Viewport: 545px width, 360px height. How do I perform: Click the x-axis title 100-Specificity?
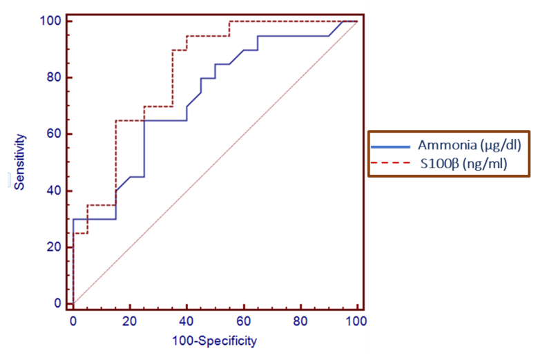(x=214, y=341)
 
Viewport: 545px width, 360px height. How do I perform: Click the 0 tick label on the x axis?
(x=73, y=321)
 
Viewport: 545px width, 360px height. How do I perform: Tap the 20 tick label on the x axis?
(x=130, y=321)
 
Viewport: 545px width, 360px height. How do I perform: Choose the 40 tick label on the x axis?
(x=187, y=321)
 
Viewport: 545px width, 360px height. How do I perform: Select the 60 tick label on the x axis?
(x=243, y=321)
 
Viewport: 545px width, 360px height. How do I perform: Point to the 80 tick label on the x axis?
(x=300, y=321)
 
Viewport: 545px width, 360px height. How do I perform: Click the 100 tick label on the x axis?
(x=356, y=321)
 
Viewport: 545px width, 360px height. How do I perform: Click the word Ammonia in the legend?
(x=442, y=146)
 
